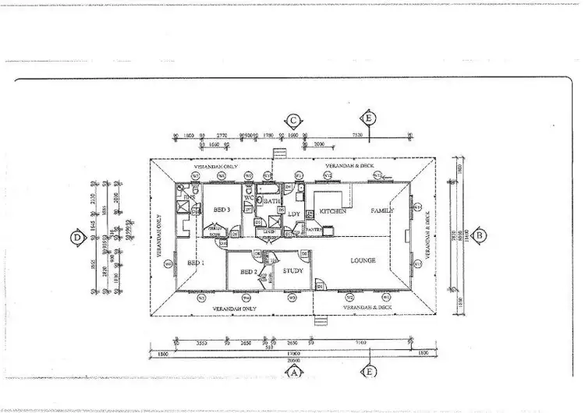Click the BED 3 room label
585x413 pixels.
[x=222, y=210]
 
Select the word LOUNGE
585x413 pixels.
[x=363, y=259]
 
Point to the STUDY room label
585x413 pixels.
[x=292, y=271]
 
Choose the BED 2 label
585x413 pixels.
[x=249, y=271]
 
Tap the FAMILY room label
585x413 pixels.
[x=382, y=210]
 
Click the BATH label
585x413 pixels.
[x=271, y=201]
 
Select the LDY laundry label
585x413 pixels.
[x=294, y=213]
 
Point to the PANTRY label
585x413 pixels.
[x=314, y=230]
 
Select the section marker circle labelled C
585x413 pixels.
[x=293, y=120]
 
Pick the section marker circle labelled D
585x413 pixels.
[x=76, y=238]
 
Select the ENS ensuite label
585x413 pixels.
[x=189, y=199]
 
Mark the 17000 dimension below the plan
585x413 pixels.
[x=293, y=353]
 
